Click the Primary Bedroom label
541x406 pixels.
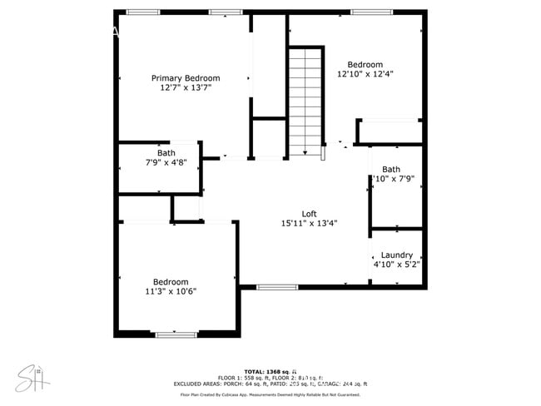tap(186, 78)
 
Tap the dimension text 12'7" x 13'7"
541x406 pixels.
tap(186, 87)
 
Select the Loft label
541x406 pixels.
tap(309, 214)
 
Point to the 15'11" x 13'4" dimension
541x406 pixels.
tap(309, 223)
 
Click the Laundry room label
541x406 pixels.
tap(397, 255)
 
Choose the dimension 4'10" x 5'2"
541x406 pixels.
tap(397, 265)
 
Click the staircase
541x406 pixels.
tap(305, 100)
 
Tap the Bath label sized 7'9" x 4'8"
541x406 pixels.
tap(166, 153)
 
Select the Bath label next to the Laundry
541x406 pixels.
tap(391, 170)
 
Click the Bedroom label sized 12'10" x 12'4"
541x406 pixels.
tap(365, 65)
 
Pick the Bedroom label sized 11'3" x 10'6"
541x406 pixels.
tap(171, 282)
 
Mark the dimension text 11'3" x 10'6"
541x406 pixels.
tap(171, 291)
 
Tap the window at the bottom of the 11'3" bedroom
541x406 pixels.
tap(176, 334)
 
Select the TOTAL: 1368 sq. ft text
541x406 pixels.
tap(270, 371)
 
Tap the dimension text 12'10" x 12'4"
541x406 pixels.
tap(365, 74)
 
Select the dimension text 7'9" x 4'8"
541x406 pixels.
tap(166, 162)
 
